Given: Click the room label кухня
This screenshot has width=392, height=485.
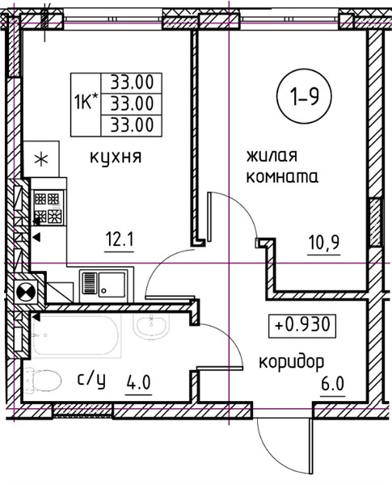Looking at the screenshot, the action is (116, 158).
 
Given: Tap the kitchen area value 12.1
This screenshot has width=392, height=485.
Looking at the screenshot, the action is (119, 240).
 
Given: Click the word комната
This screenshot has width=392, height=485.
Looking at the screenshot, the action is (282, 177).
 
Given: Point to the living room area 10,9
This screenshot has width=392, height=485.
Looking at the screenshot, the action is (324, 242).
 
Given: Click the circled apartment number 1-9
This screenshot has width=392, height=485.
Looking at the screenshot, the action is (304, 96).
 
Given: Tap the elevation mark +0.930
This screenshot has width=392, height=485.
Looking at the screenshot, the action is (302, 326).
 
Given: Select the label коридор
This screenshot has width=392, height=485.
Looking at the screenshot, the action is (291, 362).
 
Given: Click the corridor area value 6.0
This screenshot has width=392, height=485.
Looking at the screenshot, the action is (333, 385).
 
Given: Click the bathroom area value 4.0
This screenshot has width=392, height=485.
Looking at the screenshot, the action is (138, 383).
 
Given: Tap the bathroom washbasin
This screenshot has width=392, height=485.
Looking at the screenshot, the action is (151, 327).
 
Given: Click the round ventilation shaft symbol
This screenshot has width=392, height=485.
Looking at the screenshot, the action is (27, 291).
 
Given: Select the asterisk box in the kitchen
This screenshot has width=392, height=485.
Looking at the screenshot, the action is (41, 159).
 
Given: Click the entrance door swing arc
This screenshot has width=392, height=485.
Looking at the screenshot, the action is (273, 459).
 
